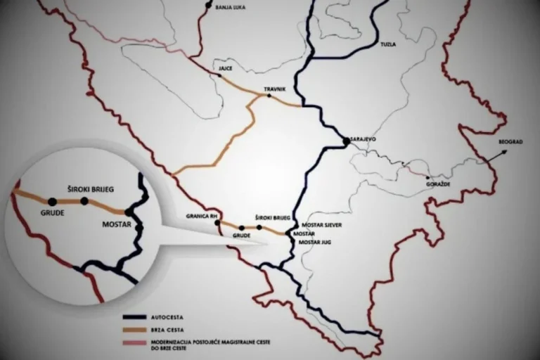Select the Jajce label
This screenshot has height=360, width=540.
pyautogui.click(x=225, y=69)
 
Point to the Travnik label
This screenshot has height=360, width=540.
pyautogui.click(x=274, y=89)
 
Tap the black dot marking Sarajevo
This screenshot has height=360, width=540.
pyautogui.click(x=346, y=141)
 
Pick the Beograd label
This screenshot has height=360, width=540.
pyautogui.click(x=510, y=141)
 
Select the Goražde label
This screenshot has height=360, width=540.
pyautogui.click(x=438, y=184)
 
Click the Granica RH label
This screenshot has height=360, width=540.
pyautogui.click(x=200, y=215)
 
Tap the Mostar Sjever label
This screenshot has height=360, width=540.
pyautogui.click(x=321, y=225)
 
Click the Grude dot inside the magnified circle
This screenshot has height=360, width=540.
pyautogui.click(x=52, y=202)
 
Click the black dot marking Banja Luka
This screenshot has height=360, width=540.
pyautogui.click(x=208, y=6)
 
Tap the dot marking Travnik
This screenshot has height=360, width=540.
pyautogui.click(x=269, y=96)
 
